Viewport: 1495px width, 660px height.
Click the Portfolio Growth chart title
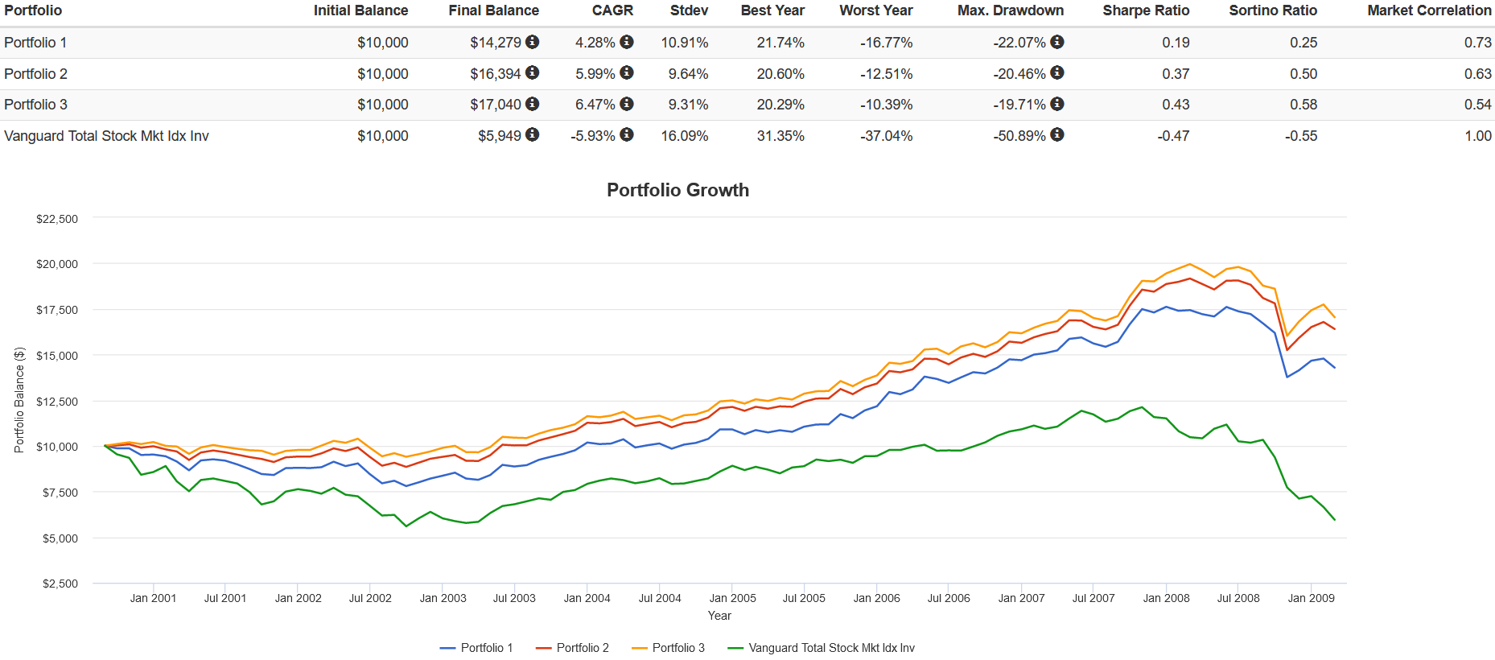(677, 190)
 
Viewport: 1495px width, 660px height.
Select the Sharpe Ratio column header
(1145, 10)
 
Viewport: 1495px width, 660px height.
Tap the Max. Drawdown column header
(1010, 10)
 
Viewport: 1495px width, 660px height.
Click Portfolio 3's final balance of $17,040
(496, 105)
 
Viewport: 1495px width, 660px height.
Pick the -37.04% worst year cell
(886, 136)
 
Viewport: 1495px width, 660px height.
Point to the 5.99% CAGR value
(595, 74)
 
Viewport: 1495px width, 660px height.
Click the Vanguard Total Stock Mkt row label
(106, 136)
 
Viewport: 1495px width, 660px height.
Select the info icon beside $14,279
(533, 42)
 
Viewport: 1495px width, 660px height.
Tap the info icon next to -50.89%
(1057, 135)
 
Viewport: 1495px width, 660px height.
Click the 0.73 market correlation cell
(1477, 43)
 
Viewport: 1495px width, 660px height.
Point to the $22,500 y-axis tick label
(57, 219)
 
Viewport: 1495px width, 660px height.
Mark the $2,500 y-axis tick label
(60, 584)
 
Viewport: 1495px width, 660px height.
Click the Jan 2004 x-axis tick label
(587, 598)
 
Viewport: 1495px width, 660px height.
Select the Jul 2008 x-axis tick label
(1238, 598)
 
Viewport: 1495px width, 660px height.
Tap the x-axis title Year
(719, 616)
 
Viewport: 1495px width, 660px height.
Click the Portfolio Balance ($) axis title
(19, 400)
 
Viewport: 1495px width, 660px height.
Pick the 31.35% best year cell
(780, 136)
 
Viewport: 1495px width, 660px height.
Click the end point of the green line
(1335, 520)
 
